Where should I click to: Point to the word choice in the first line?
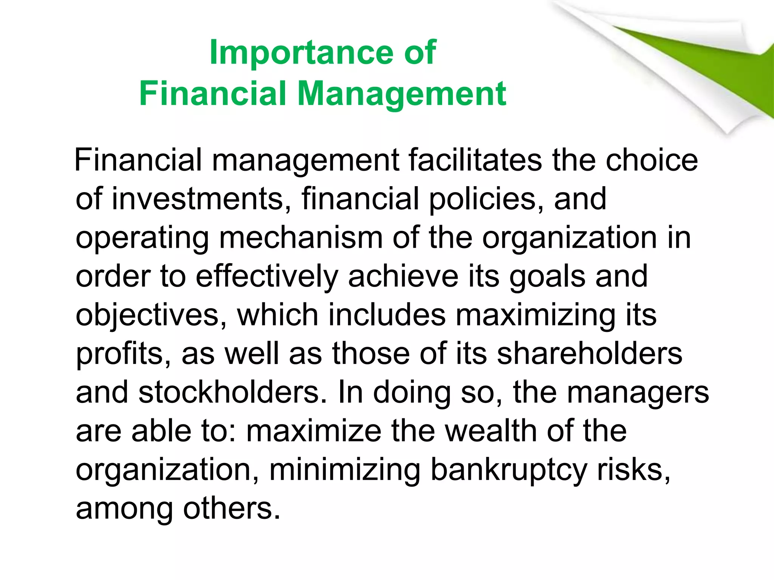click(652, 160)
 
